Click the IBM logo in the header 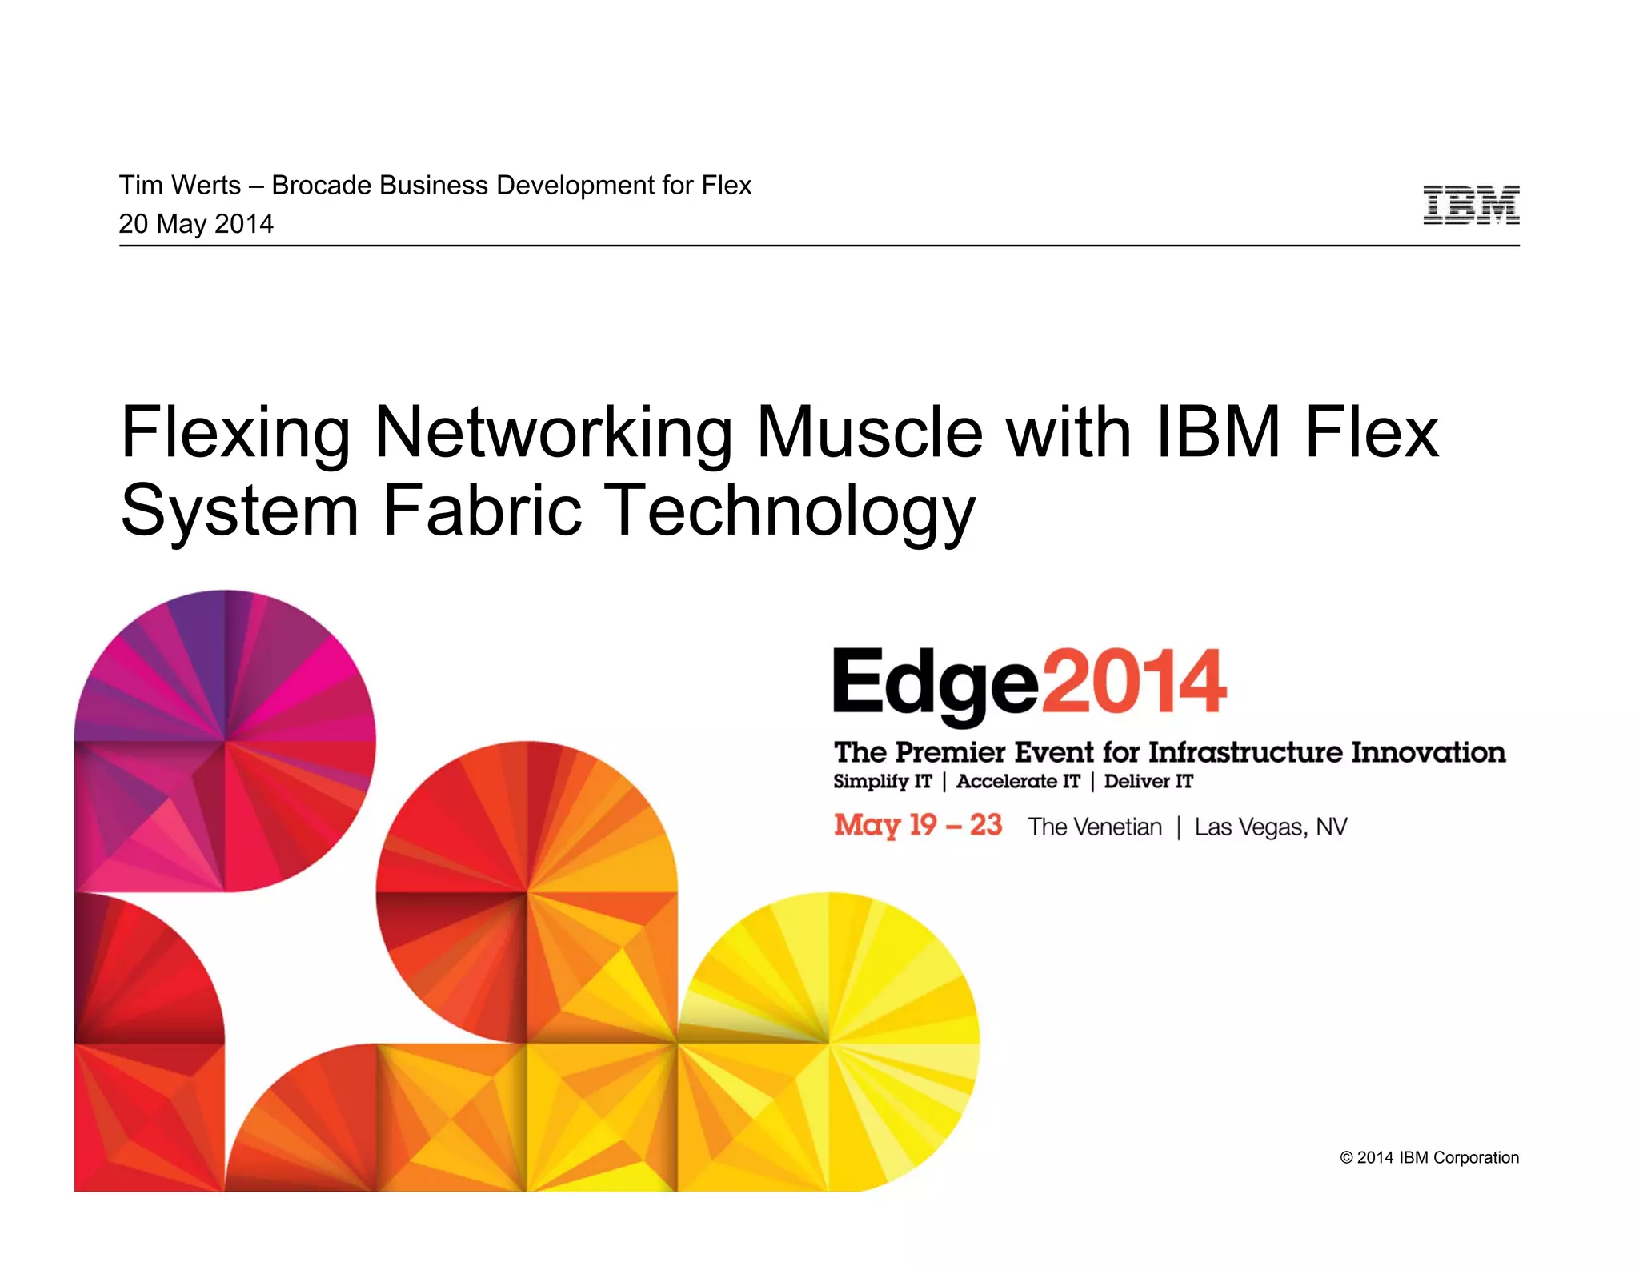[x=1471, y=205]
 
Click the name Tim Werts [x=179, y=186]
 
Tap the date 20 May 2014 [x=196, y=224]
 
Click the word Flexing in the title [x=235, y=434]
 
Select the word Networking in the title [x=553, y=434]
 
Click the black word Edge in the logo [x=935, y=684]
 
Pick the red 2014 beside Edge [x=1133, y=682]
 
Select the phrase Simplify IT [x=882, y=782]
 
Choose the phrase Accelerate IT [x=1018, y=782]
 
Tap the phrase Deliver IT [x=1148, y=782]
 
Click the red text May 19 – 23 [x=917, y=825]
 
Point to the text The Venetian [x=1095, y=827]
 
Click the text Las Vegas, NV [x=1271, y=827]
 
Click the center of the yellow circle [x=829, y=1043]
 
